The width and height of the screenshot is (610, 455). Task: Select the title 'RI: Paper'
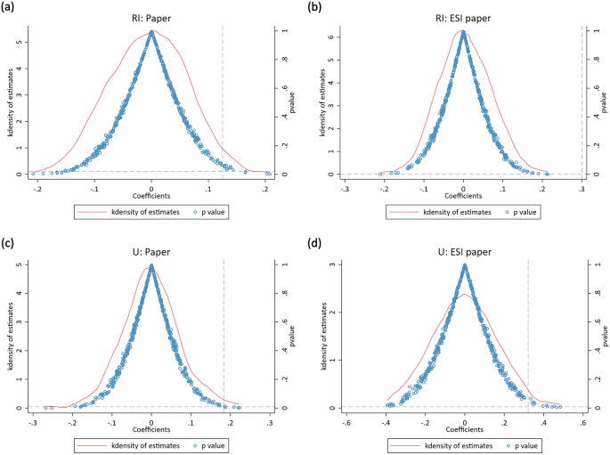point(151,17)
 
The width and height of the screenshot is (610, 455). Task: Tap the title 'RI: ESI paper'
point(463,17)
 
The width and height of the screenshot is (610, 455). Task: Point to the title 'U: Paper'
point(151,252)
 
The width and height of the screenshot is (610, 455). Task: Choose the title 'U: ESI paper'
point(465,252)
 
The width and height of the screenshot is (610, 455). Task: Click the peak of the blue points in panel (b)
point(463,32)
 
